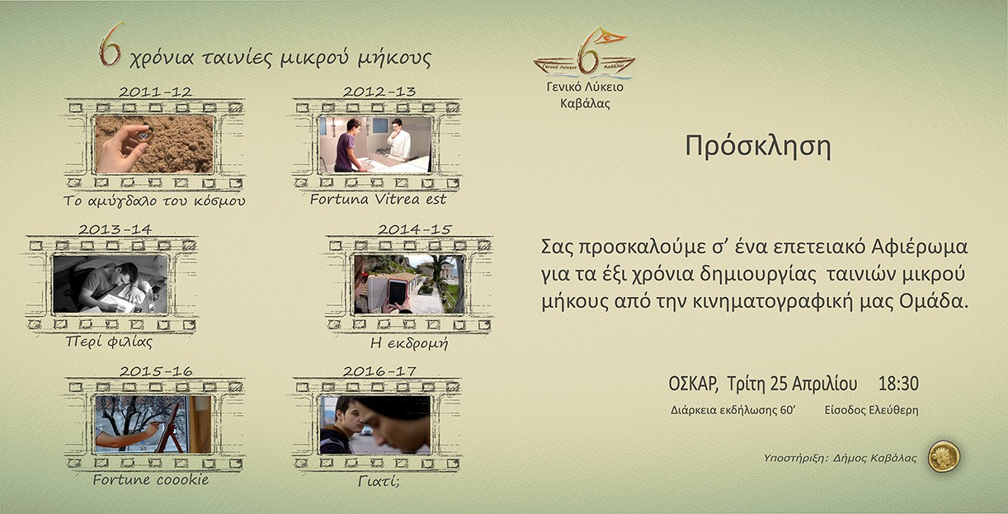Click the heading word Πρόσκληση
[758, 146]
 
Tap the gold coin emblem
[944, 456]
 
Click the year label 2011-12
[155, 92]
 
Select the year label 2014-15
[414, 229]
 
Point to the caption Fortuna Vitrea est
[378, 200]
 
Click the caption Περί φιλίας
[109, 342]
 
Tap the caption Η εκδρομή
[409, 343]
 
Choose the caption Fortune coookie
[151, 479]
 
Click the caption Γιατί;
[379, 481]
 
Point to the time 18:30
[898, 384]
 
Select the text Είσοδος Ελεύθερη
[872, 410]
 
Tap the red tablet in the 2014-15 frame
[397, 293]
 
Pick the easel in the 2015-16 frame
[170, 429]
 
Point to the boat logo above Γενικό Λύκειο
[585, 52]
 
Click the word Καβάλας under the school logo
[585, 103]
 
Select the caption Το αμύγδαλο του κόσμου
[154, 200]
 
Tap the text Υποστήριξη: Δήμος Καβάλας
[841, 458]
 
